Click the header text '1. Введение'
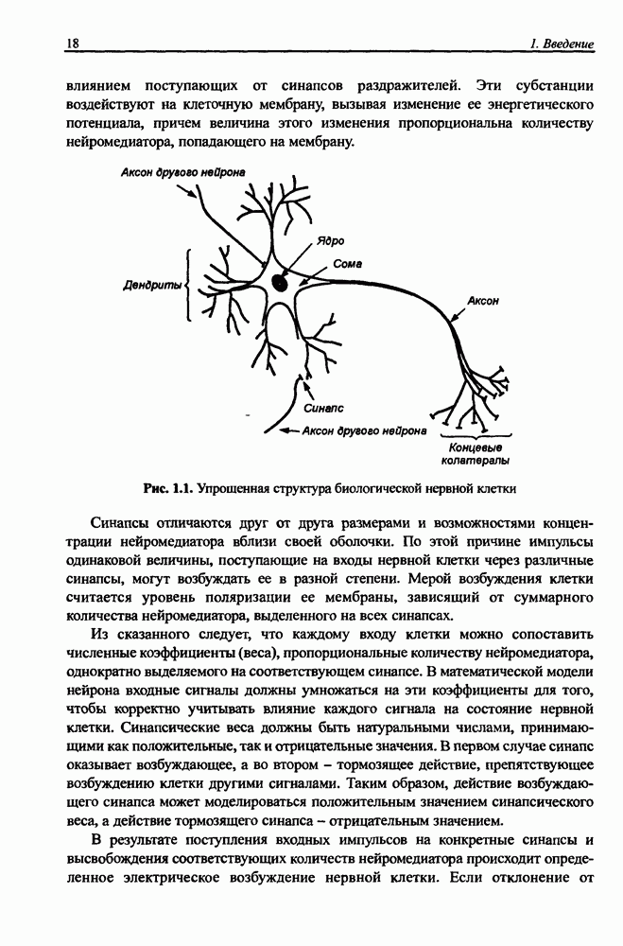pos(562,44)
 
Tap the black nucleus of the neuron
pos(281,282)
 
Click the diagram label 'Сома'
pos(348,264)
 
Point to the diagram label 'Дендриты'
pos(152,284)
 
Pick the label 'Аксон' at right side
pos(483,302)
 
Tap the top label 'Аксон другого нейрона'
pos(182,172)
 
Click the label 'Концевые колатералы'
pos(475,454)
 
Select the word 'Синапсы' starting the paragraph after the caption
pos(123,524)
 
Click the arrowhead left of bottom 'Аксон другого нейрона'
pos(280,430)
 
